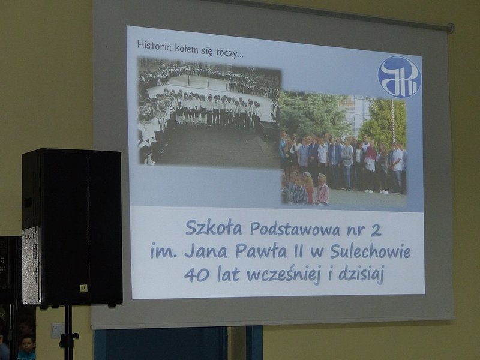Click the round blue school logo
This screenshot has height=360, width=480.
point(399,76)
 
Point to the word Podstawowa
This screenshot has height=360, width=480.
point(295,230)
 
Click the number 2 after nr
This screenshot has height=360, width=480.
point(376,230)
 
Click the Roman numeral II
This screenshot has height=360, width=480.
point(296,251)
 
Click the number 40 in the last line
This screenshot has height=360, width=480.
point(197,275)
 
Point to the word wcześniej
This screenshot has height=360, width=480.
point(283,275)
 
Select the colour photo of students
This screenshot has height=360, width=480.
point(343,148)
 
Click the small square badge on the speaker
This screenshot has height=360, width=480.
point(83,288)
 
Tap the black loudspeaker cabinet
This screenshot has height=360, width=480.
point(72,227)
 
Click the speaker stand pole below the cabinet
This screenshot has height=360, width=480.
point(68,332)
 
